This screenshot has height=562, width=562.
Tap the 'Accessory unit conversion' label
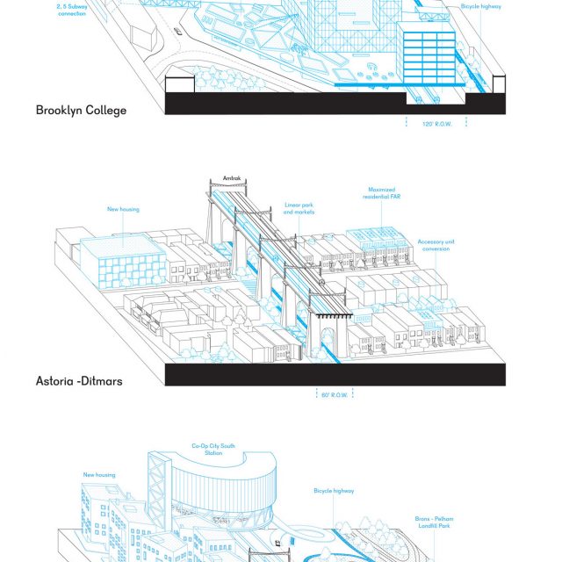tap(434, 245)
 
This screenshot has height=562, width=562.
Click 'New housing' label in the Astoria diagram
tap(123, 209)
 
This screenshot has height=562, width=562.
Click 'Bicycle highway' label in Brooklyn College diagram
tap(481, 5)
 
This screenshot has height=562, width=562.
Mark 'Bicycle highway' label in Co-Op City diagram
tap(334, 491)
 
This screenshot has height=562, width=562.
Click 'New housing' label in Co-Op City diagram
tap(100, 475)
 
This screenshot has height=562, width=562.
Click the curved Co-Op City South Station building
tap(220, 492)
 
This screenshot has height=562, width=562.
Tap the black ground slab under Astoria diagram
tap(334, 375)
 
